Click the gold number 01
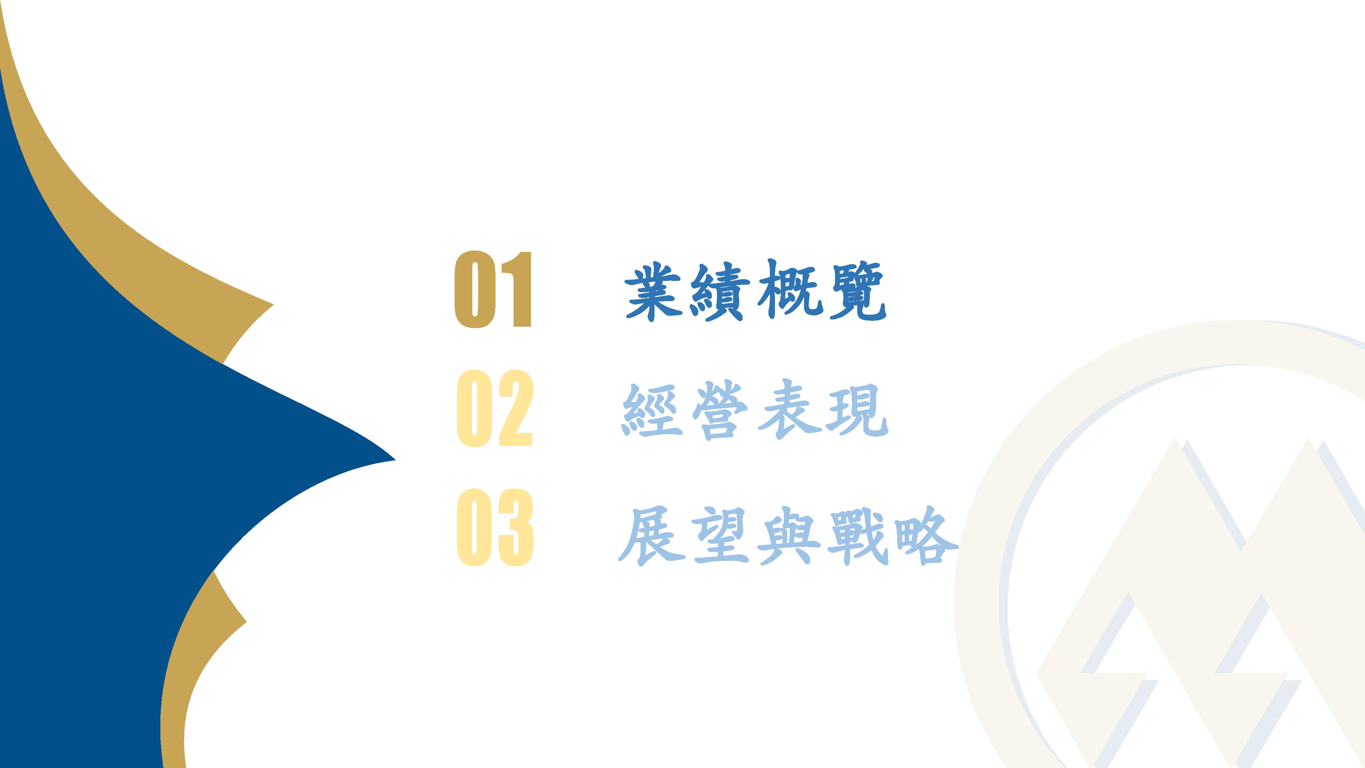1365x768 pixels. (x=493, y=289)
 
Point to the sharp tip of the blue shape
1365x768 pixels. (x=395, y=460)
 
